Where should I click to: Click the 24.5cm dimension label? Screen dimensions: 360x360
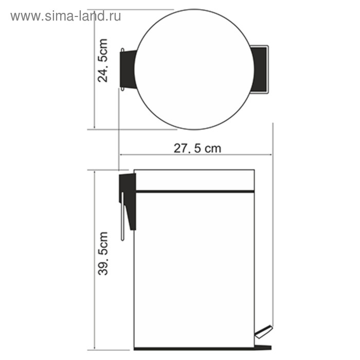102,61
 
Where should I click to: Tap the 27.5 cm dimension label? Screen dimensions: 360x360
197,148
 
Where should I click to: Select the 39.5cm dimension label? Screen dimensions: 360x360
103,254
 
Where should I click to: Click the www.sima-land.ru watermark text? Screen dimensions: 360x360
66,16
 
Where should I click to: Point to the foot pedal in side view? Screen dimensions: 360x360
263,332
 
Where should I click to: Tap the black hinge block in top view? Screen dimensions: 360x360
128,69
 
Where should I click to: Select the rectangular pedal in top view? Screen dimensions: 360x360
260,69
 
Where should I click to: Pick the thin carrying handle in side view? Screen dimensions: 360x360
122,217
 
